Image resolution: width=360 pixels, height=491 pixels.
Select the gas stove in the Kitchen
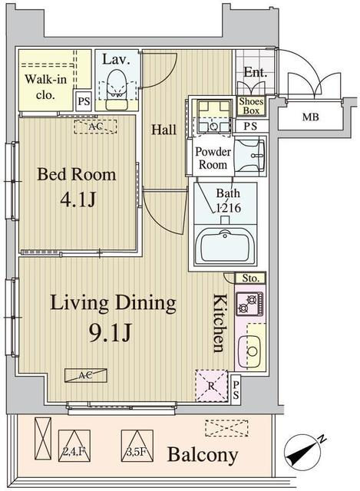tap(249, 304)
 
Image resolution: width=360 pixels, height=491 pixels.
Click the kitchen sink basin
tap(249, 351)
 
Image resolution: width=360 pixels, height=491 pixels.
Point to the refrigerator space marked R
tap(212, 386)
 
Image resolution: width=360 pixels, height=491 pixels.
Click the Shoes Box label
tap(251, 106)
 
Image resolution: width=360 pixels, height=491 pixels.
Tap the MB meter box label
tap(311, 117)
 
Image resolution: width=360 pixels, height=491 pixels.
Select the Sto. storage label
tap(250, 278)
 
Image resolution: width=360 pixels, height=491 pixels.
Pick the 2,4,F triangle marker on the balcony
tap(74, 446)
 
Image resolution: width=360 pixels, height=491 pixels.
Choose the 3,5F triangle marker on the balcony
tap(137, 446)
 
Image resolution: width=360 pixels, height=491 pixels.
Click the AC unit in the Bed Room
tap(95, 127)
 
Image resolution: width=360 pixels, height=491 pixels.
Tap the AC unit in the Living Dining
tap(86, 375)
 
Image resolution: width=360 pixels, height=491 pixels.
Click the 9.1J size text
tap(110, 334)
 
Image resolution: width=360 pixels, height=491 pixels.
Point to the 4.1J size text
tap(78, 199)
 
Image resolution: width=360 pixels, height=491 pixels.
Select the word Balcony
tap(203, 455)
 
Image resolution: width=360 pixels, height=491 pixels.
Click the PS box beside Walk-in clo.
tap(84, 101)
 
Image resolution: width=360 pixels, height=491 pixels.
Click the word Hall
tap(163, 130)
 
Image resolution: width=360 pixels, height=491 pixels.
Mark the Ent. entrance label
tap(256, 72)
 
